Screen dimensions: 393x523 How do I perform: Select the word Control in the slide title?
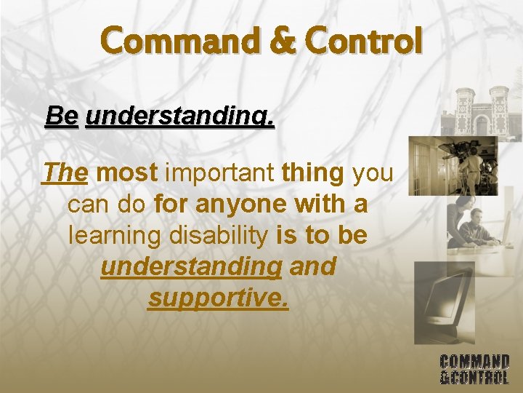[x=364, y=41]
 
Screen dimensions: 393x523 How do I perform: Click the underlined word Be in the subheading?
[x=61, y=116]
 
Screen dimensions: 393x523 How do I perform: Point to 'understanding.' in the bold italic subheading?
[x=180, y=116]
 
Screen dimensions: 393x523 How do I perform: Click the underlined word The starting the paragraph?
[x=65, y=173]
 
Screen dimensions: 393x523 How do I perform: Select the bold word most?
[x=127, y=173]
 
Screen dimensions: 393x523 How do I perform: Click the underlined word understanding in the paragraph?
[x=191, y=266]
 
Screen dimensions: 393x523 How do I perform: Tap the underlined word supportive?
[x=218, y=298]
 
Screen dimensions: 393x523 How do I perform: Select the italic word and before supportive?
[x=312, y=266]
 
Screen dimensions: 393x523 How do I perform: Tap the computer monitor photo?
[x=444, y=303]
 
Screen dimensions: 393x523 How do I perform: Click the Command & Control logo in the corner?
[x=474, y=369]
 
